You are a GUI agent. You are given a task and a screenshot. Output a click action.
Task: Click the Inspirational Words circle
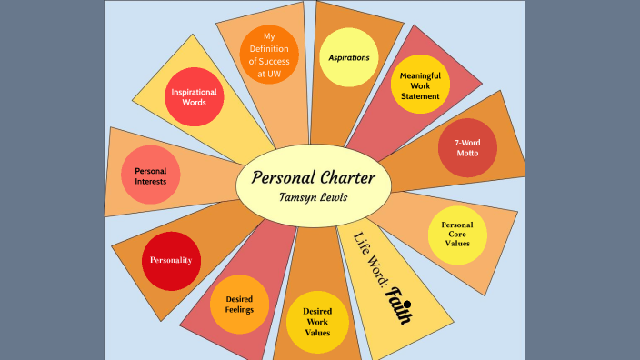(x=194, y=96)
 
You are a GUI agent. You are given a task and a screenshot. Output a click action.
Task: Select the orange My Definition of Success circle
(x=268, y=55)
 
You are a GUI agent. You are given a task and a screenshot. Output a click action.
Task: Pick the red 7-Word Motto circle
(x=467, y=147)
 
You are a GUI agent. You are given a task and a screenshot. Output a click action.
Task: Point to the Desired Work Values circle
(x=310, y=321)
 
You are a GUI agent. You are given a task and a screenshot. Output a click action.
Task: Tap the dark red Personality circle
(x=171, y=260)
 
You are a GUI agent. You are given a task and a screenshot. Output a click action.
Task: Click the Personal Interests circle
(x=150, y=175)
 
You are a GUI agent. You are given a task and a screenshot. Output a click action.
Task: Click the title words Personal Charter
(x=313, y=177)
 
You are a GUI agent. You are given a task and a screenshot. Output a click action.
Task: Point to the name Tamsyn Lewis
(x=313, y=197)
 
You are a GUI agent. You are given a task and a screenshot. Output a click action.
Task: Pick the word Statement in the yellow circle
(x=419, y=96)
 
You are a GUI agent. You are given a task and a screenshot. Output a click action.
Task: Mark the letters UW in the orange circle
(x=275, y=75)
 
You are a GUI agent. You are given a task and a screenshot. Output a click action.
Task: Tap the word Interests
(x=150, y=181)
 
